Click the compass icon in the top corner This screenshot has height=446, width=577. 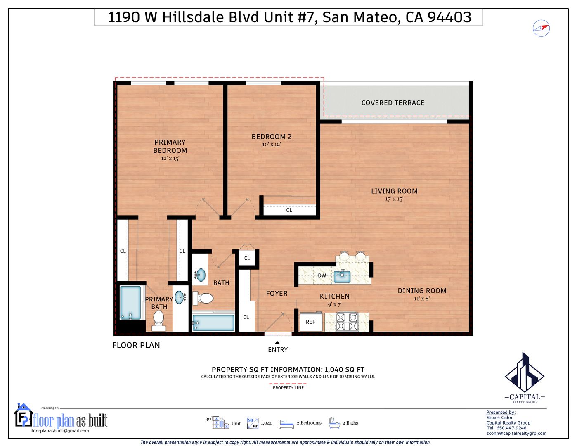(x=541, y=28)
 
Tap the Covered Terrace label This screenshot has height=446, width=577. (x=393, y=103)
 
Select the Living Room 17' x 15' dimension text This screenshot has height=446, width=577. (x=394, y=199)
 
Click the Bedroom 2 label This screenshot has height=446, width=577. (x=272, y=137)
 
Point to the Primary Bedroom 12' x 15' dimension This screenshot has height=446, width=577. (x=170, y=158)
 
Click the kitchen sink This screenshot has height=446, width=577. (x=342, y=276)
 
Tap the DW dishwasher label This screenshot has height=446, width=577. (x=322, y=275)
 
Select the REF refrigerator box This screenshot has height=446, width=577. (x=311, y=322)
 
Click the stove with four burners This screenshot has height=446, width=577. (x=347, y=322)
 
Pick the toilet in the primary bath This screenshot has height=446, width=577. (x=158, y=320)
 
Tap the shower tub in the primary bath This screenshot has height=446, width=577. (x=130, y=303)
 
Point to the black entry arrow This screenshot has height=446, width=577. (x=277, y=343)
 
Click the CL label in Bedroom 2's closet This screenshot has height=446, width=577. (x=289, y=210)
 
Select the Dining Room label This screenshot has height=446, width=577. (x=422, y=291)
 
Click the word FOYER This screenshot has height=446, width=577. (x=277, y=293)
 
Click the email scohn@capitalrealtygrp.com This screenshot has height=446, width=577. (x=516, y=433)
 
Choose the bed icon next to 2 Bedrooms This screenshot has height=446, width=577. (x=286, y=424)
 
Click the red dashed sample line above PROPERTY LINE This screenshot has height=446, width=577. (x=288, y=384)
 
